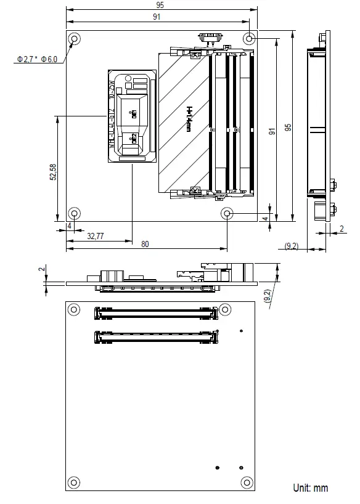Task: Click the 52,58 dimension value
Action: pyautogui.click(x=54, y=172)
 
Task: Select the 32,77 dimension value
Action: pyautogui.click(x=96, y=235)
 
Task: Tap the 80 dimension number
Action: pyautogui.click(x=145, y=244)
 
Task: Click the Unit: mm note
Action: pyautogui.click(x=311, y=488)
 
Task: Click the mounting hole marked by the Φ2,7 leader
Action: pyautogui.click(x=75, y=40)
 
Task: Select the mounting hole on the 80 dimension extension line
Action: pyautogui.click(x=228, y=214)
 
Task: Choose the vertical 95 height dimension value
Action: pyautogui.click(x=287, y=128)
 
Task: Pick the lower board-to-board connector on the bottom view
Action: pyautogui.click(x=156, y=337)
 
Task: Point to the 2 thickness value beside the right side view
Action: pyautogui.click(x=342, y=229)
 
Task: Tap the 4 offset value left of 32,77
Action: pyautogui.click(x=69, y=226)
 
